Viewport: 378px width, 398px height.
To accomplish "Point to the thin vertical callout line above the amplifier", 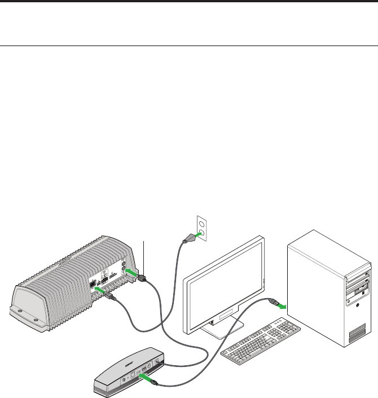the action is (145, 254).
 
